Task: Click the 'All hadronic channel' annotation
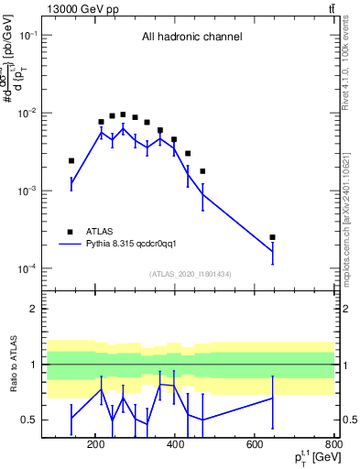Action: tap(191, 38)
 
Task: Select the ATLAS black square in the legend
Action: tap(70, 232)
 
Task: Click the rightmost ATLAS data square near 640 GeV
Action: tap(272, 237)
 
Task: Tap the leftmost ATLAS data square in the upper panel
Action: tap(71, 160)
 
